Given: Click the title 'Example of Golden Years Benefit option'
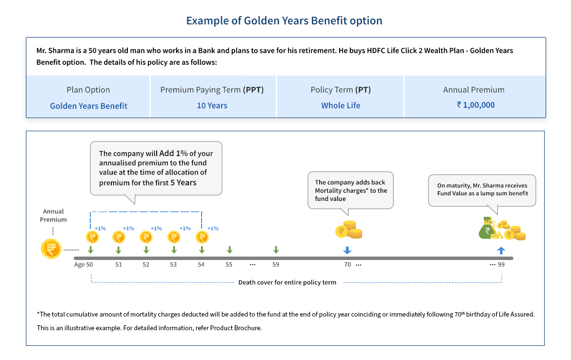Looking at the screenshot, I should (x=284, y=21).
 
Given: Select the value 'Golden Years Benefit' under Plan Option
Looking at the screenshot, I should (x=88, y=105).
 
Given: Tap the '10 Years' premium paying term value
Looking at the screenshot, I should (x=212, y=105).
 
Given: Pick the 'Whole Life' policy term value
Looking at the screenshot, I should (x=341, y=105).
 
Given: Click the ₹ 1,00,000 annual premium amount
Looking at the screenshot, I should (x=475, y=105).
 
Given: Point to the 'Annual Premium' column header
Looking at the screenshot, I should (x=473, y=90).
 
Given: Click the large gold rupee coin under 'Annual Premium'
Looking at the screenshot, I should (x=51, y=249).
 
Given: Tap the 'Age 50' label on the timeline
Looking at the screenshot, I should (x=83, y=264).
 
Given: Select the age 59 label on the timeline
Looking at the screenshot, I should (x=276, y=264).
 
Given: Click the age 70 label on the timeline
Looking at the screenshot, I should (x=347, y=264).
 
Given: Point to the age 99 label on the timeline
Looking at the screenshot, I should (x=501, y=264).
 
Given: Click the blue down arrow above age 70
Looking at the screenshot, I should (x=347, y=250).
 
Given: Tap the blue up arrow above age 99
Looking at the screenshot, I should (x=501, y=250).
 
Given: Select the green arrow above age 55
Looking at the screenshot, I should (x=229, y=250).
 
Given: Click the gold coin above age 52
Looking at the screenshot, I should (x=146, y=237).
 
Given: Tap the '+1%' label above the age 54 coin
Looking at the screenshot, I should (x=213, y=228).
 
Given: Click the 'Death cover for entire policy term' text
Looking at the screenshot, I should (x=287, y=282).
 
